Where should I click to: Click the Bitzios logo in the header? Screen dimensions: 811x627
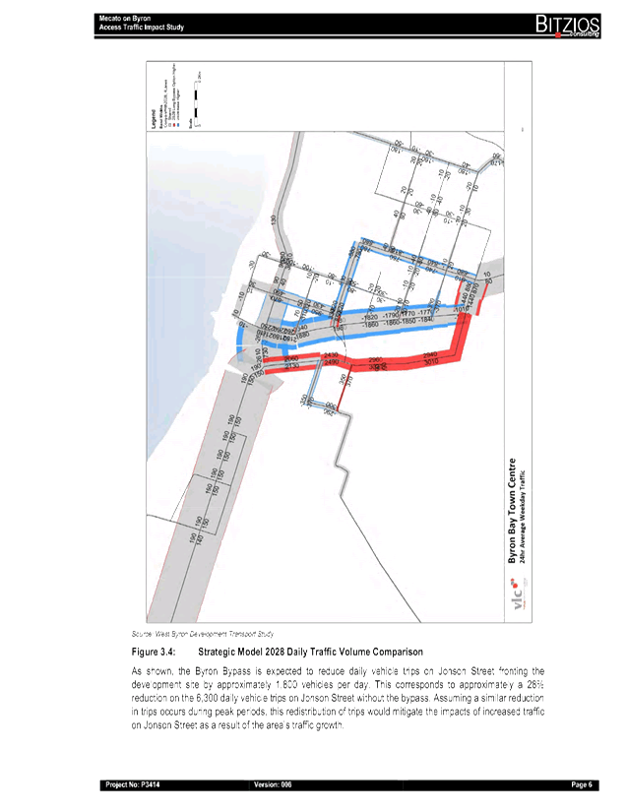(562, 25)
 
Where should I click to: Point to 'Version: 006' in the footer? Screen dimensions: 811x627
(273, 784)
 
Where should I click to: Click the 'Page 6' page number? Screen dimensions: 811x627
(581, 784)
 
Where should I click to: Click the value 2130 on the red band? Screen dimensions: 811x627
(291, 365)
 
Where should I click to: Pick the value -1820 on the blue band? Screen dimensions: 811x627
(370, 318)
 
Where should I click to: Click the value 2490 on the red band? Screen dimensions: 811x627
(331, 363)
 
